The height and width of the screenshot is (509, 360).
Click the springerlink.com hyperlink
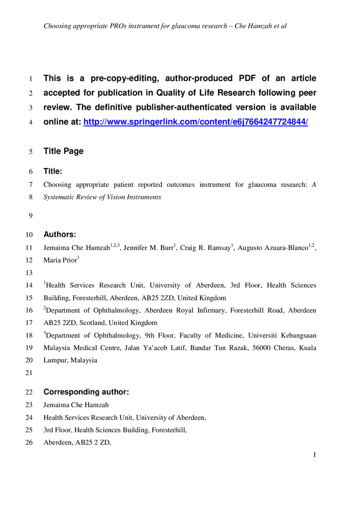tap(196, 122)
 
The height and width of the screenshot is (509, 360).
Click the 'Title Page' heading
tap(64, 151)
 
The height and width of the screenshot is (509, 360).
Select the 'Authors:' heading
tap(60, 235)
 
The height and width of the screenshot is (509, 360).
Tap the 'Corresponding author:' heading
tap(86, 392)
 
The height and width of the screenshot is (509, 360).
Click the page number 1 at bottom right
tap(315, 455)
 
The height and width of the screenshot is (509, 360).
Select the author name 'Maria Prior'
tap(60, 260)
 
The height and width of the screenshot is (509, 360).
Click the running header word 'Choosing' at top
tap(58, 25)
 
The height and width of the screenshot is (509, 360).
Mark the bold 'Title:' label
tap(53, 172)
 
